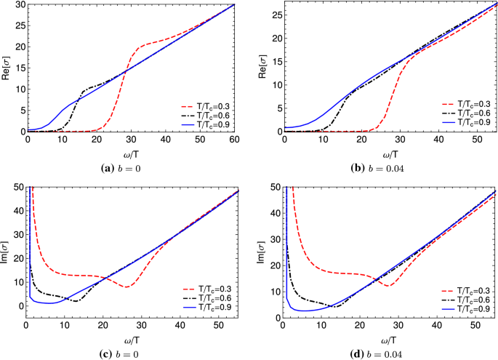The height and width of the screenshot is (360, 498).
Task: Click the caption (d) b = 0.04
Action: click(389, 353)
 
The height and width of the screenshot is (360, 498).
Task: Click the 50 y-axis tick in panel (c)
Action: click(17, 188)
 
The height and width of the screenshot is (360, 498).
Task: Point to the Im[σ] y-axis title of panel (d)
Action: click(262, 252)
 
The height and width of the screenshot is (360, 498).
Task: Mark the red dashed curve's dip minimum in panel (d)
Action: click(388, 285)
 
